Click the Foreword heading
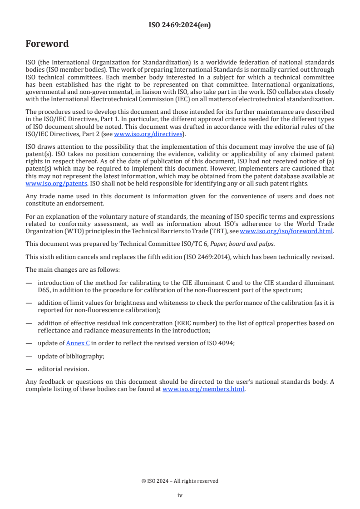point(47,44)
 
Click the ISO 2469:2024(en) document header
point(180,25)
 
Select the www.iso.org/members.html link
point(203,389)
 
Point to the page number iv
point(180,495)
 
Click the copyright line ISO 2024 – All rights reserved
point(180,481)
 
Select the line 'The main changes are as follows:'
point(73,269)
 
